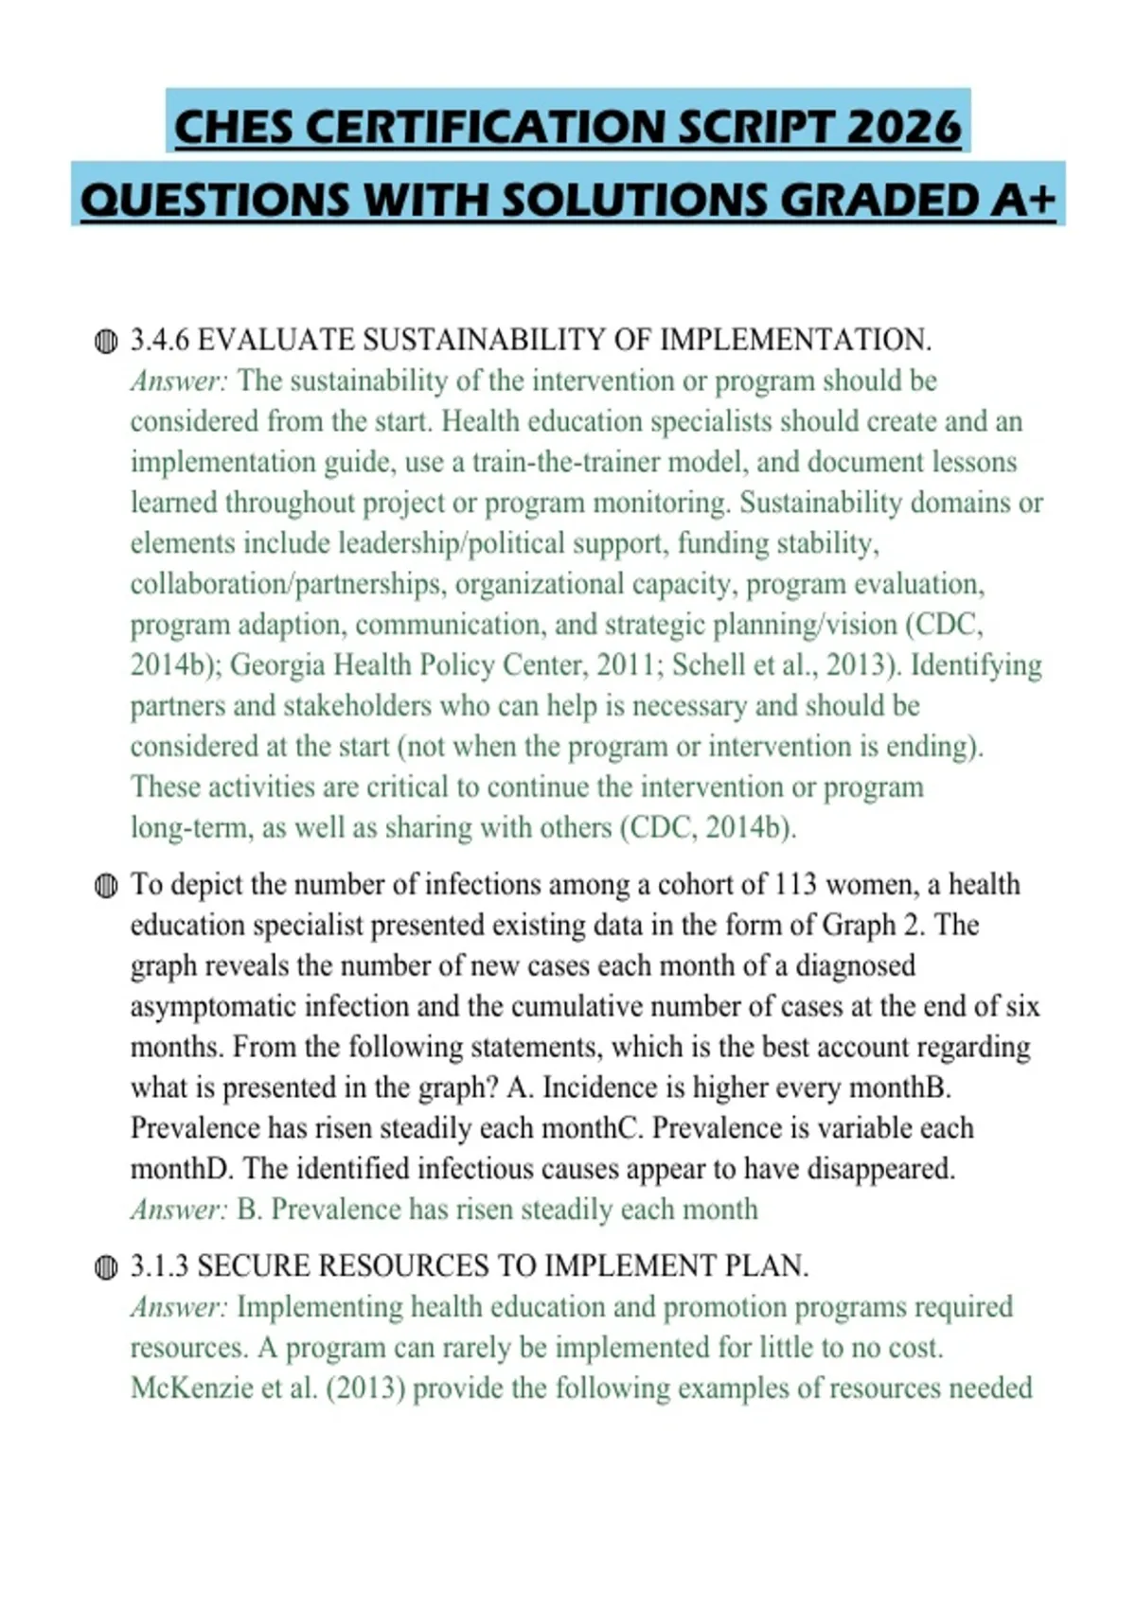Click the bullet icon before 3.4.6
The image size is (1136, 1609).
point(106,342)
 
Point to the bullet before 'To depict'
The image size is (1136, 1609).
point(106,886)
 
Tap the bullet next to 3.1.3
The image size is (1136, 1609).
point(106,1267)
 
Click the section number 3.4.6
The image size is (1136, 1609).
point(160,340)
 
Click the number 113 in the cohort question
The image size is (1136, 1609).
point(795,884)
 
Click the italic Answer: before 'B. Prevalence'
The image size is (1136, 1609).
point(179,1210)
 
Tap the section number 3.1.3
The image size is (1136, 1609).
point(160,1265)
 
